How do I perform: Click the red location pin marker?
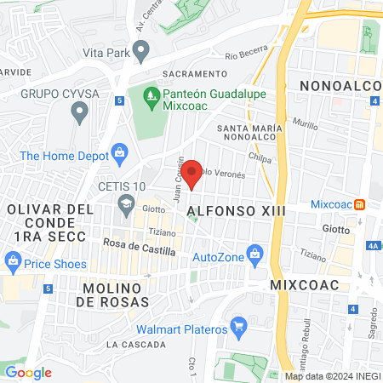192,173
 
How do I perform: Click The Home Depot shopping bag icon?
120,155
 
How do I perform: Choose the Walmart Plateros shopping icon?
239,326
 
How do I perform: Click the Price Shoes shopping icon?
13,260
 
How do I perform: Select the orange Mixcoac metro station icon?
360,203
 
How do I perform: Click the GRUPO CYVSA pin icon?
81,111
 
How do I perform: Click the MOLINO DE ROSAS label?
117,294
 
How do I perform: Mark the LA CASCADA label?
136,345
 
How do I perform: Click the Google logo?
28,372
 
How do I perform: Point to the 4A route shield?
373,245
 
